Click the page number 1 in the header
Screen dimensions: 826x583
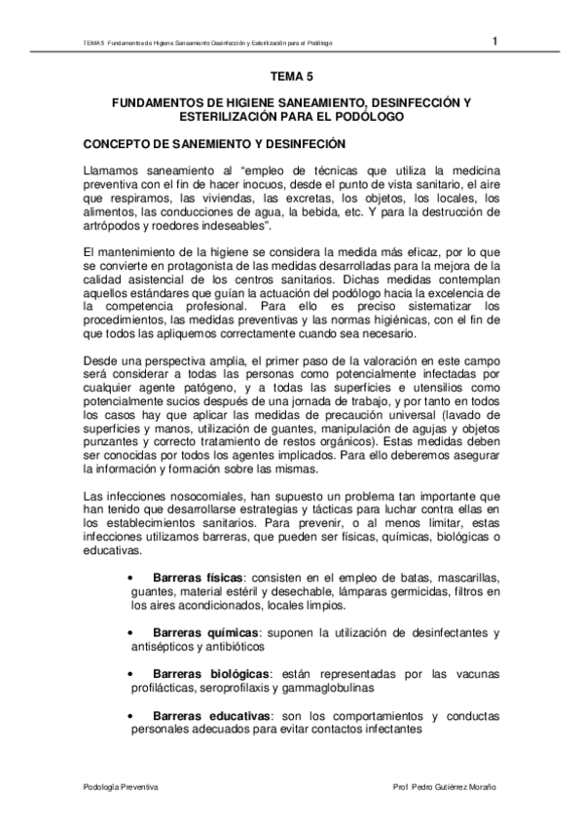(495, 41)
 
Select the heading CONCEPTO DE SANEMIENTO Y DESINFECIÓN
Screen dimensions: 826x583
(214, 144)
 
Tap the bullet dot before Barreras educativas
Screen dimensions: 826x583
(131, 716)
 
